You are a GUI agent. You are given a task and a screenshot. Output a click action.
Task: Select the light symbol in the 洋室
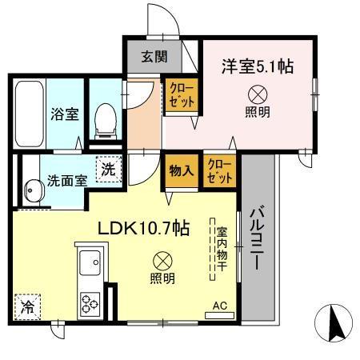(257, 93)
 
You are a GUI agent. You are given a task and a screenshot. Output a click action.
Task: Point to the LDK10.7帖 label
(143, 228)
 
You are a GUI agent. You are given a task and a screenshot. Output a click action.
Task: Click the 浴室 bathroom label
(65, 114)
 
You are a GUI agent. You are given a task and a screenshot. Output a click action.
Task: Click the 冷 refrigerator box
(28, 306)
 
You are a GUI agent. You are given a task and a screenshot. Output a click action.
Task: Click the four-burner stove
(90, 302)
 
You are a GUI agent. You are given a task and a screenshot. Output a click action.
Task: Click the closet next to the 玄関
(181, 96)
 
